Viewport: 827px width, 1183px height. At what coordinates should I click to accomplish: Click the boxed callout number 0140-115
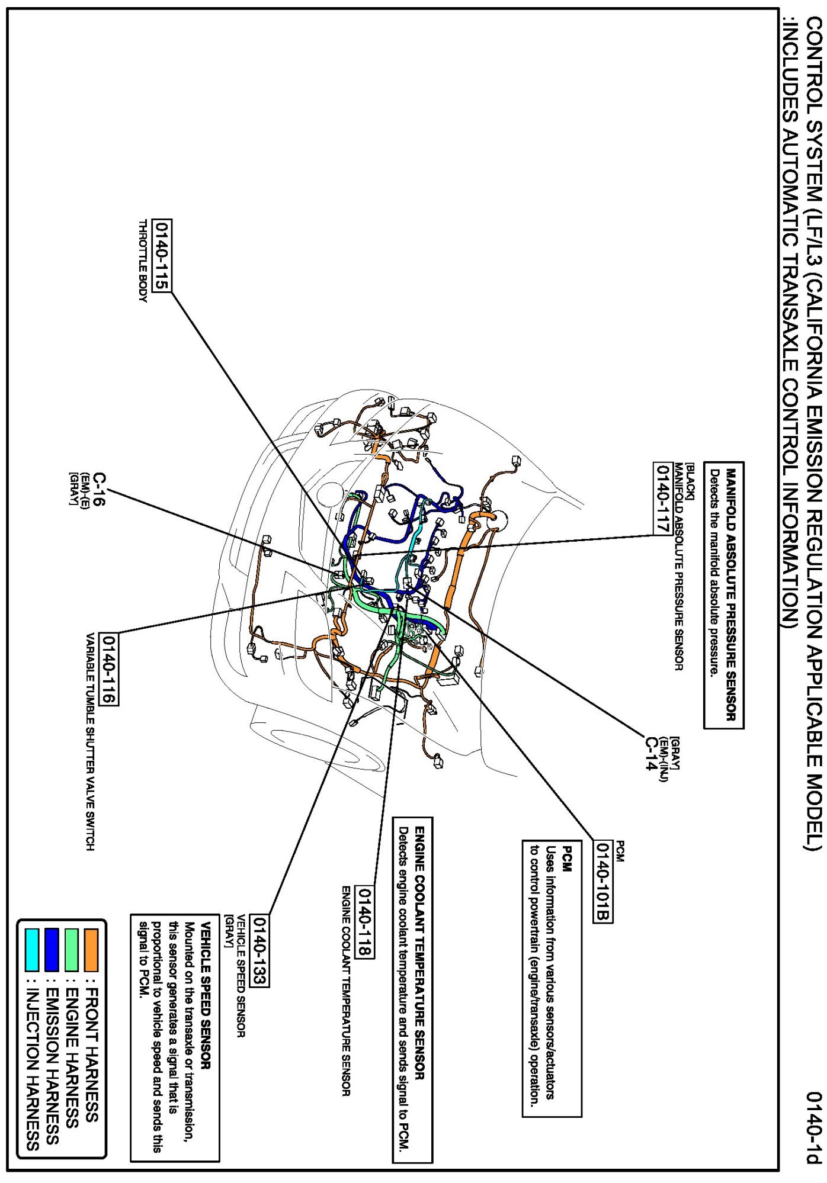coord(161,256)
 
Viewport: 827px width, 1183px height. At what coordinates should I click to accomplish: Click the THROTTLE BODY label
coord(142,261)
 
